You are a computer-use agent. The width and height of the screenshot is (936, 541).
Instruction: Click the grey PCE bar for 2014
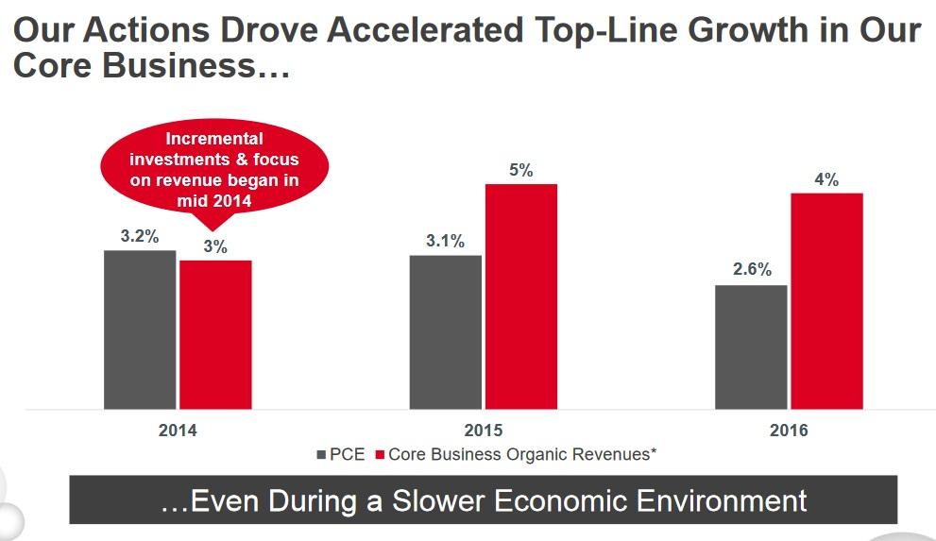[x=140, y=330]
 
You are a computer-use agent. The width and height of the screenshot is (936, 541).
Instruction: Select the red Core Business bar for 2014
[x=215, y=334]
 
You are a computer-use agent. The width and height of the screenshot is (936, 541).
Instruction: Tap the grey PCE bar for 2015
[x=445, y=331]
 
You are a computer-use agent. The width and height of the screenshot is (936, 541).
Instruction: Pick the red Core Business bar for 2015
[x=521, y=296]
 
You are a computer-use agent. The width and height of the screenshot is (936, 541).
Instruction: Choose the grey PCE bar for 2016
[x=751, y=347]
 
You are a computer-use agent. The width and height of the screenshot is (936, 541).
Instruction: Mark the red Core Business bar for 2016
[x=826, y=301]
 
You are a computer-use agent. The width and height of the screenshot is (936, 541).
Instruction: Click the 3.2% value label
[x=140, y=236]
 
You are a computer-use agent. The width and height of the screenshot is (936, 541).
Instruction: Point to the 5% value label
[x=521, y=170]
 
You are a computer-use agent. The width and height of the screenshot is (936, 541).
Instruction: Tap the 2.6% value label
[x=752, y=270]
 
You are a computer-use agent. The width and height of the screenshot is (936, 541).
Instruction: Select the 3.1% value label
[x=445, y=241]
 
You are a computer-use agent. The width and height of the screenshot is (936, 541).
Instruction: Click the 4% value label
[x=826, y=179]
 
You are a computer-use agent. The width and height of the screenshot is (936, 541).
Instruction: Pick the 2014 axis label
[x=178, y=431]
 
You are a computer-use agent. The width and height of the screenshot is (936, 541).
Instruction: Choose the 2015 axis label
[x=484, y=431]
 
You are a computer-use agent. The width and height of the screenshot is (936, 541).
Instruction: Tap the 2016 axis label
[x=789, y=431]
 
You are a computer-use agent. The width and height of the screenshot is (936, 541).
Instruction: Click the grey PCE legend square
[x=320, y=455]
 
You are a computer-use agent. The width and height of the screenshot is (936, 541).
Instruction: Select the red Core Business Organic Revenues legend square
[x=381, y=455]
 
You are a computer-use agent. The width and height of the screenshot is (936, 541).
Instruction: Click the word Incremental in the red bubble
[x=213, y=140]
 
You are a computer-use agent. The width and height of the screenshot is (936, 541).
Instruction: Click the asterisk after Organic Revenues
[x=653, y=452]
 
